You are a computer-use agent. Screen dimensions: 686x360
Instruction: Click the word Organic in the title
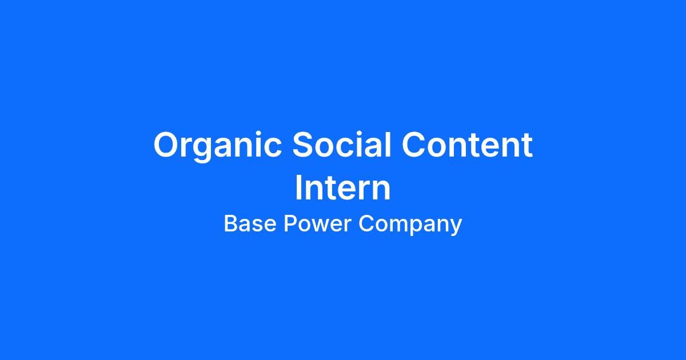coord(217,146)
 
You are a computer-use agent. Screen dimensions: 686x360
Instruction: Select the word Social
coord(342,144)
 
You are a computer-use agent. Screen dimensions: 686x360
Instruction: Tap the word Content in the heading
coord(468,145)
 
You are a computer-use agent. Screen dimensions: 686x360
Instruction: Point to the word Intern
coord(343,187)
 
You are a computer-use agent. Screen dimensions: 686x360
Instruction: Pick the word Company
coord(410,225)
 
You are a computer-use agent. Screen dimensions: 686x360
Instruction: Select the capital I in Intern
coord(298,187)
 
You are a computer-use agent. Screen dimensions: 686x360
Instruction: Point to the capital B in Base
coord(231,223)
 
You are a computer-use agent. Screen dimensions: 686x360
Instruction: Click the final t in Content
coord(527,146)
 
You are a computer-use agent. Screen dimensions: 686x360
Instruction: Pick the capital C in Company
coord(366,223)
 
